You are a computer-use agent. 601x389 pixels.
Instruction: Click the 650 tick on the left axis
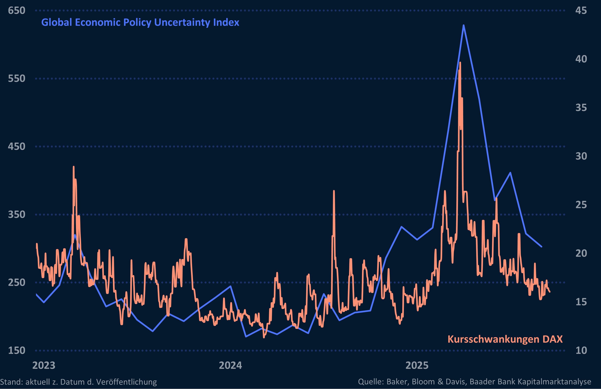click(17, 11)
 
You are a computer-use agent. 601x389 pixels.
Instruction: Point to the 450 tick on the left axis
click(17, 147)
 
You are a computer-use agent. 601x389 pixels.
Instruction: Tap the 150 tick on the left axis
click(17, 350)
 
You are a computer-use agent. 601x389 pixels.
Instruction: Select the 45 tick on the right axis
click(581, 11)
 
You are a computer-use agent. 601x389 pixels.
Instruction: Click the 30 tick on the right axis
click(581, 156)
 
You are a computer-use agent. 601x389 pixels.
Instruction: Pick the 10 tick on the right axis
click(581, 350)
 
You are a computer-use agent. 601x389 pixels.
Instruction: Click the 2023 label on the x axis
click(44, 365)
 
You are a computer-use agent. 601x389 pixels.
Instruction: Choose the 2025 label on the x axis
click(417, 365)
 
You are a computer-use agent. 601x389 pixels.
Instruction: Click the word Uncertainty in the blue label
click(182, 22)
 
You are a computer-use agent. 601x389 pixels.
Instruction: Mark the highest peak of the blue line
click(464, 25)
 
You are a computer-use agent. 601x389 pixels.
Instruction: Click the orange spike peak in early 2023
click(73, 167)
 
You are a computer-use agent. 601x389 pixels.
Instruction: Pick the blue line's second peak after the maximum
click(510, 173)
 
